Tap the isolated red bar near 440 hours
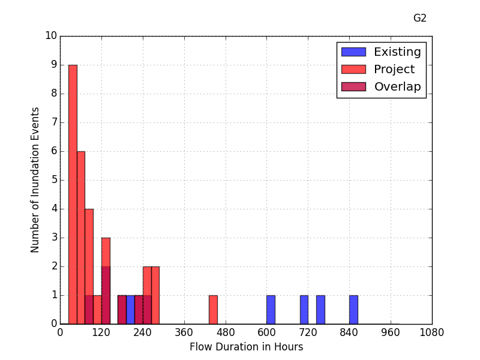(x=213, y=310)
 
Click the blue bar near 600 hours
(x=271, y=310)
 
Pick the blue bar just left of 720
(x=304, y=310)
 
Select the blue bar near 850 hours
(x=353, y=310)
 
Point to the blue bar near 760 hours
(x=320, y=310)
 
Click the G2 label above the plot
(x=420, y=18)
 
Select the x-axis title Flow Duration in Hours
(x=246, y=347)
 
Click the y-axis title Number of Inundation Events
(x=35, y=180)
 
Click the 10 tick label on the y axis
(x=51, y=36)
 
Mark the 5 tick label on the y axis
(x=54, y=180)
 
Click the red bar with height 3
(x=106, y=252)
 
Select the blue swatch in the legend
(x=353, y=52)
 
